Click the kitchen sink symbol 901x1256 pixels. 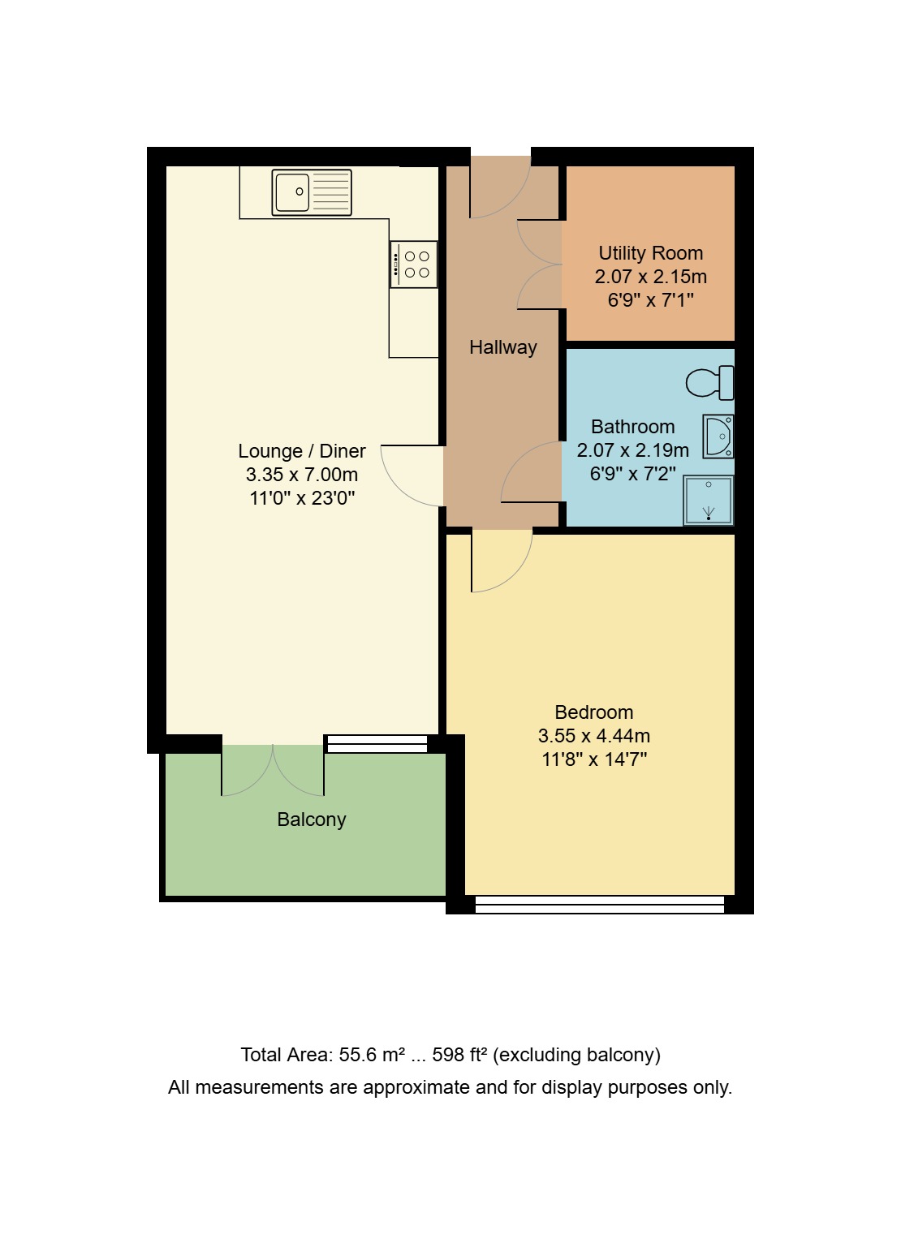click(312, 192)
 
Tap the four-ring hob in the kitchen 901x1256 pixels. click(414, 265)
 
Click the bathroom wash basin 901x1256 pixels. click(718, 437)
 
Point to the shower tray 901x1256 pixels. click(709, 500)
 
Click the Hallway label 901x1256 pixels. click(503, 347)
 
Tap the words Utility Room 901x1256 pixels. click(650, 253)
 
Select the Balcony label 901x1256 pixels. click(312, 819)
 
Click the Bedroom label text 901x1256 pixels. click(593, 712)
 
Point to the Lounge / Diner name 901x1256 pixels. click(302, 451)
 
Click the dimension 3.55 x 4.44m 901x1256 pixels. click(593, 736)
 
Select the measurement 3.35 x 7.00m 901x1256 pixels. click(302, 475)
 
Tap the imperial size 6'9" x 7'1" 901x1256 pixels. click(650, 300)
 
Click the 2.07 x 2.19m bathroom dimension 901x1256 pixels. click(632, 450)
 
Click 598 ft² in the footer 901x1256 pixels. click(459, 1055)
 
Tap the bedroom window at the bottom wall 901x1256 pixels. click(599, 905)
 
